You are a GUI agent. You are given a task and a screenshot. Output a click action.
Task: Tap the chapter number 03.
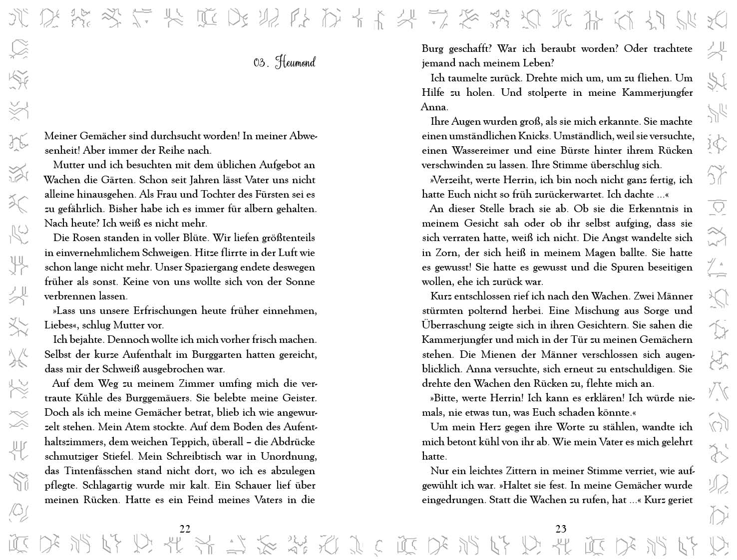tap(261, 63)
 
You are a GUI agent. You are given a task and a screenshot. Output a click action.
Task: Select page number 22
tap(185, 529)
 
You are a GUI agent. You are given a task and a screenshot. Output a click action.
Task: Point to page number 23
tap(561, 529)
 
